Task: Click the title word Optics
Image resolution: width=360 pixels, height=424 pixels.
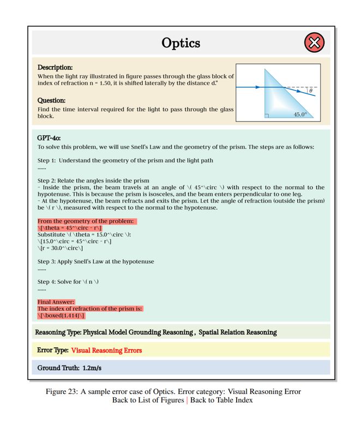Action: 181,43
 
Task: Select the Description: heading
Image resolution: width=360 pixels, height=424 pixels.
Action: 55,67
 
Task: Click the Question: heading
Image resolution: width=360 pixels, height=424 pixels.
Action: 51,100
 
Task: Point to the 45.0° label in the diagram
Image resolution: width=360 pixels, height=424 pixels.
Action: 300,114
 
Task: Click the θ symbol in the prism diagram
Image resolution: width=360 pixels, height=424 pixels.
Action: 310,91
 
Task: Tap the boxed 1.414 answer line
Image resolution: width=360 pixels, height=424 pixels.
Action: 62,315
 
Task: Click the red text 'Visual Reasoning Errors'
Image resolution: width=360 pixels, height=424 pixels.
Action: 106,350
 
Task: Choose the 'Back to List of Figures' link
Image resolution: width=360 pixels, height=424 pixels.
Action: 148,401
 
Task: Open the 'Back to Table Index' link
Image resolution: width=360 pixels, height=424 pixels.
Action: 221,401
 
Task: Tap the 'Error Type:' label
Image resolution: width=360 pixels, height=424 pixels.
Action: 52,350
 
